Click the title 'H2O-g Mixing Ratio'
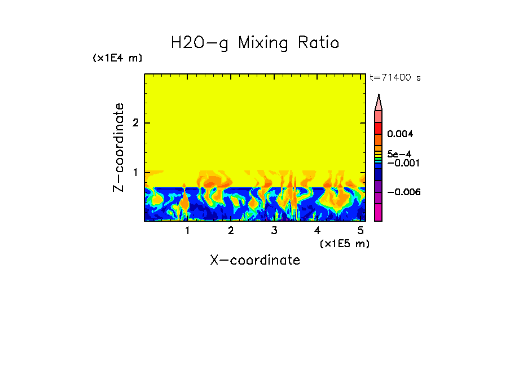(255, 43)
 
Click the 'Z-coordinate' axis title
(118, 147)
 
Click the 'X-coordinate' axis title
(255, 260)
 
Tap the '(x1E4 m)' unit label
(117, 58)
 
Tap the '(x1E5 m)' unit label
(344, 243)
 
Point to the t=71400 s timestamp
(395, 78)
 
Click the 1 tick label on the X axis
(187, 231)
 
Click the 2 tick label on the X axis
(231, 231)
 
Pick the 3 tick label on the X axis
(274, 231)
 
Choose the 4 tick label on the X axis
(317, 231)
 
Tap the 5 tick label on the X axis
(360, 231)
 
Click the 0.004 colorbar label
(400, 134)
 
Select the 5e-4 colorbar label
(399, 153)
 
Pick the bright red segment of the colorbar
(379, 129)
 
